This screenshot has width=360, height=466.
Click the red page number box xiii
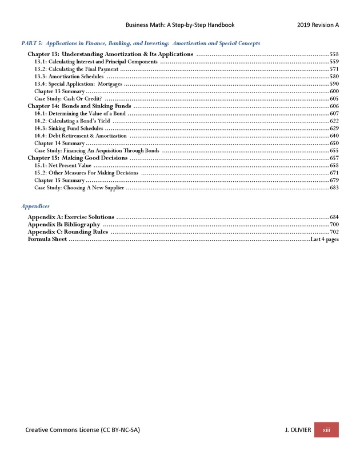[x=326, y=430]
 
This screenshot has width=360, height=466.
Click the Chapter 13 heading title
[x=110, y=54]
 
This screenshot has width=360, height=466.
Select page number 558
[x=334, y=54]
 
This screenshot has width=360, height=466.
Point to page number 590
[x=334, y=84]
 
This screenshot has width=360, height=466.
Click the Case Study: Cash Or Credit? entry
[x=68, y=99]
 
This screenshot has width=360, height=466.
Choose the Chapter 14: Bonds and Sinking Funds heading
[x=79, y=106]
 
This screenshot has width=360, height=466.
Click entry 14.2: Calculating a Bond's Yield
[x=72, y=121]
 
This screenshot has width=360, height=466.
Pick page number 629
[x=334, y=129]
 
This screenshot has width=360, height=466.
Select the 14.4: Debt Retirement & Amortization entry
[x=81, y=136]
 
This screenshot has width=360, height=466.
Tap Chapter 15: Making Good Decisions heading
[x=78, y=158]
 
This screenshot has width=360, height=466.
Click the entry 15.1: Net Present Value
[x=63, y=165]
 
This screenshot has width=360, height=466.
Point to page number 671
[x=334, y=173]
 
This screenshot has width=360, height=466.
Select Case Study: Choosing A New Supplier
[x=79, y=188]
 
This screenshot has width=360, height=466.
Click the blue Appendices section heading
[x=35, y=206]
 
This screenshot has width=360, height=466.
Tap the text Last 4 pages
[x=324, y=240]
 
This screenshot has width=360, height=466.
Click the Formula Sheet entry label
[x=47, y=240]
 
